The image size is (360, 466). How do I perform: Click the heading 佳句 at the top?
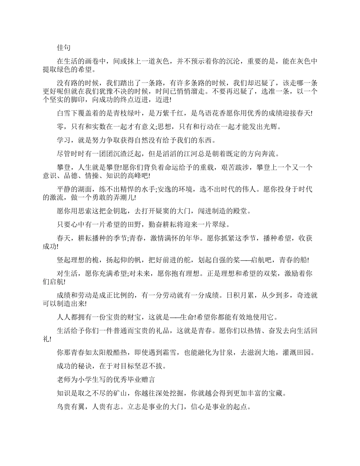click(63, 48)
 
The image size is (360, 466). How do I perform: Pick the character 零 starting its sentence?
click(60, 127)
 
